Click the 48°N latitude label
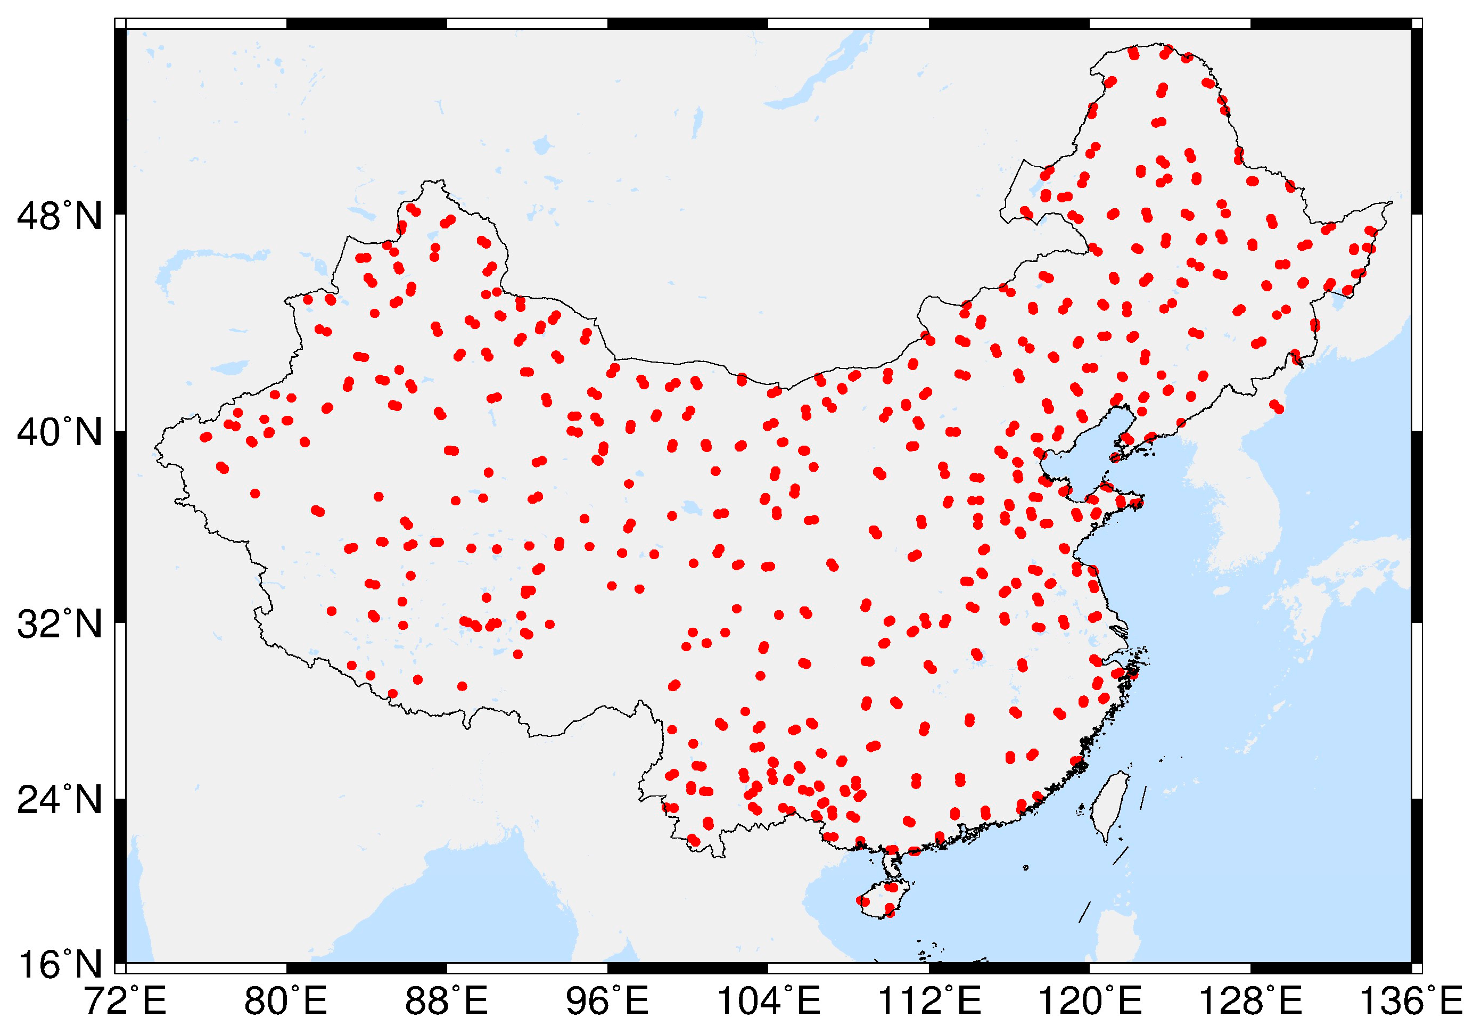tap(59, 216)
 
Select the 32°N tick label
tap(59, 624)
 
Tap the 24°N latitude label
tap(59, 800)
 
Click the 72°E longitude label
tap(126, 1002)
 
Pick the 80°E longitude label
tap(286, 1002)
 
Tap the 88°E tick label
tap(447, 1002)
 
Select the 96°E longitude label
tap(607, 1002)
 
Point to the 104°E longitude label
tap(768, 1002)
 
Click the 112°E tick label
tap(928, 1002)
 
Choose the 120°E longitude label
tap(1089, 1002)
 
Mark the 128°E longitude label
tap(1250, 1002)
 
